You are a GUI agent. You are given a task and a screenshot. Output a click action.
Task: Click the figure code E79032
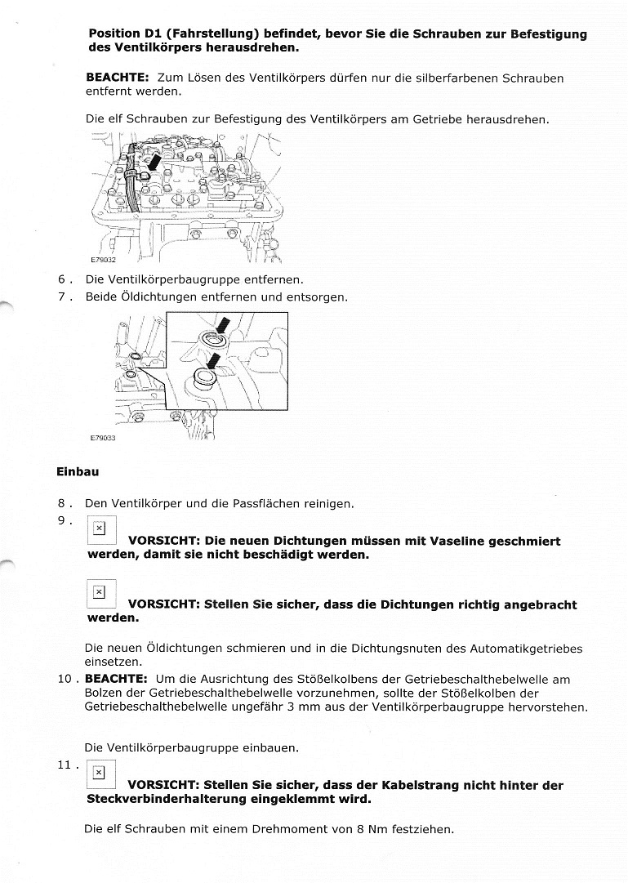(x=103, y=261)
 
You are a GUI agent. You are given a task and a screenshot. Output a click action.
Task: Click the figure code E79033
(x=103, y=438)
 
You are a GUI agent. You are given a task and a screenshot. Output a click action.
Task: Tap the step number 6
(x=63, y=279)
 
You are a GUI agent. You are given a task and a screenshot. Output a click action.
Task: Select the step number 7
(x=63, y=297)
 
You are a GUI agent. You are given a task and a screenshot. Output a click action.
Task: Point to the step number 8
(x=63, y=504)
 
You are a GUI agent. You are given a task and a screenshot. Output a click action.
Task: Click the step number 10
(x=65, y=679)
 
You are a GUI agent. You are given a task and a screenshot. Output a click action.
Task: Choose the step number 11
(x=65, y=765)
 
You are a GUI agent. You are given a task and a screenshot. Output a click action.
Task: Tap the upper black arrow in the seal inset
(x=222, y=328)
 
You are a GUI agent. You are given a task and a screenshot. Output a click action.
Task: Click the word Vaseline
(x=453, y=542)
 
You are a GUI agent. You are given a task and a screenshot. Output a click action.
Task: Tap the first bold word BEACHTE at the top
(x=116, y=78)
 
